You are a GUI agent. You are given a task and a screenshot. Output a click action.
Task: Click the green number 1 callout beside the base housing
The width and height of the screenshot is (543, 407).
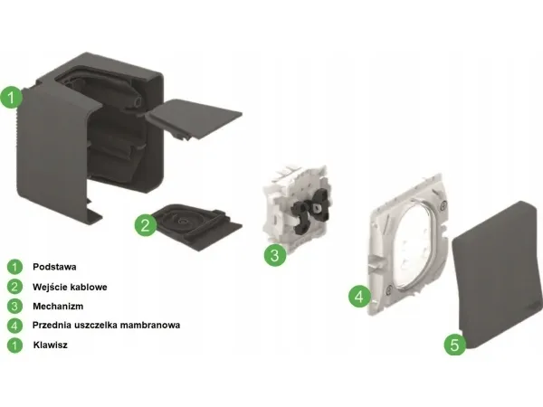tap(12, 98)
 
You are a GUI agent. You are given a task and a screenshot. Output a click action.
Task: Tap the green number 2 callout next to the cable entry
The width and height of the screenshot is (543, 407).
tap(146, 225)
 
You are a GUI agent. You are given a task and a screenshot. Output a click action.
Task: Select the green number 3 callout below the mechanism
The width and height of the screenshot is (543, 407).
tap(275, 255)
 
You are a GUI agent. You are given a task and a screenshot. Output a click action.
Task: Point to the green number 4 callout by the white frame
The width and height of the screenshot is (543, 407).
tap(359, 297)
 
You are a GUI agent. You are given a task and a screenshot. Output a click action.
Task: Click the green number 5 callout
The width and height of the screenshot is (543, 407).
tap(455, 345)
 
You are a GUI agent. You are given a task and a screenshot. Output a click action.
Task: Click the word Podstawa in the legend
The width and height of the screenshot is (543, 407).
tap(54, 267)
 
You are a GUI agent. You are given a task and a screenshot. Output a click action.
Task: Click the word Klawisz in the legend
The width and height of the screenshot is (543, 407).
tap(50, 345)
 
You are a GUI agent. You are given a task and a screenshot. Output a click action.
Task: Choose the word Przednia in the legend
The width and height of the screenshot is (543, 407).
tap(49, 326)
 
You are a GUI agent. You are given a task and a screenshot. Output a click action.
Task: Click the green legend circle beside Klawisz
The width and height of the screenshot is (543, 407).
tap(14, 345)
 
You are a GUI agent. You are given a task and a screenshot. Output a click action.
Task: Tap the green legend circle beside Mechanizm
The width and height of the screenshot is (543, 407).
tap(14, 307)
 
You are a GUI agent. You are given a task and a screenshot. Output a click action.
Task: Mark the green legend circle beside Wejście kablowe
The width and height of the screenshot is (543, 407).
tap(14, 287)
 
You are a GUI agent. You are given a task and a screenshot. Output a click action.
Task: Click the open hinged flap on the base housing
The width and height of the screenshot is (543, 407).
tap(193, 118)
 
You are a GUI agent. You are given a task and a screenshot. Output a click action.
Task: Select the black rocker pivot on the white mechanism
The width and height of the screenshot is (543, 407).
tap(310, 213)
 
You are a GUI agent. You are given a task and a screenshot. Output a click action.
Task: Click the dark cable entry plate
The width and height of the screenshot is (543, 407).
tap(196, 224)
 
